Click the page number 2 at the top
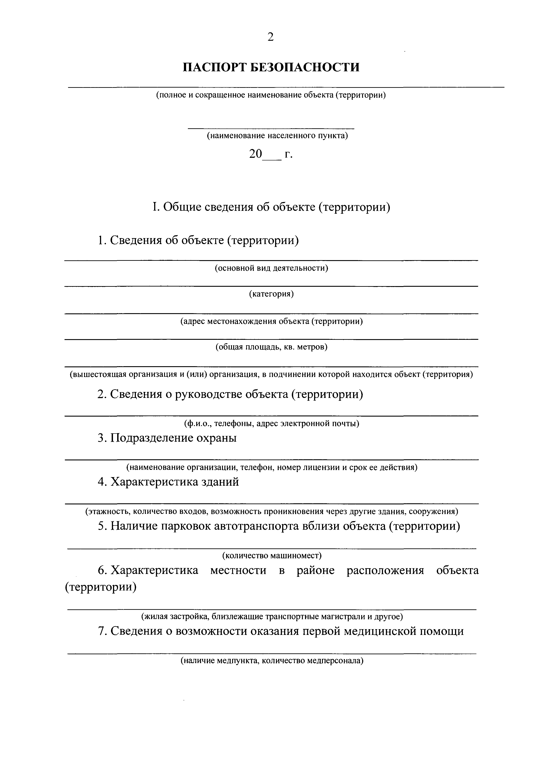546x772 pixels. click(x=270, y=37)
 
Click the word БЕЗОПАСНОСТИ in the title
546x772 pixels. click(x=305, y=67)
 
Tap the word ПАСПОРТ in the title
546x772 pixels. click(x=215, y=67)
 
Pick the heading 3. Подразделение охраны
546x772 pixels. click(x=167, y=438)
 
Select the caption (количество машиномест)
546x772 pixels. click(x=272, y=555)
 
